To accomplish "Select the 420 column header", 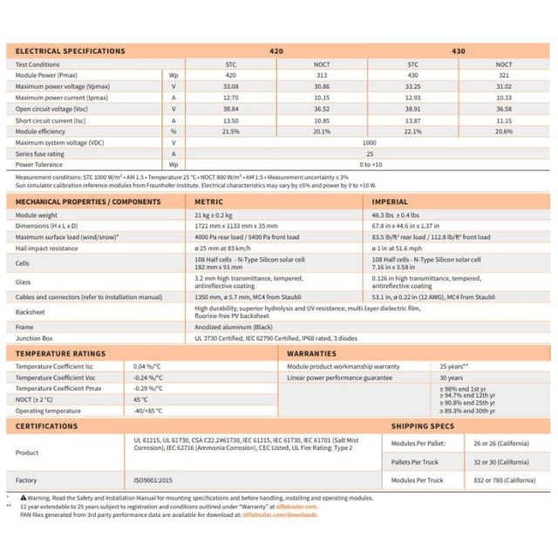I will click(x=278, y=51).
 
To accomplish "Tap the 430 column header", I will click(x=458, y=51).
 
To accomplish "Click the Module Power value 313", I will click(x=322, y=76).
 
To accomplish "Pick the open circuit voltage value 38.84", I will click(x=231, y=109).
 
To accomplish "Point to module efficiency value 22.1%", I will click(x=413, y=131).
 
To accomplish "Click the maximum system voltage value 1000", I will click(x=368, y=142).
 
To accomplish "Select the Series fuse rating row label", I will click(x=44, y=153).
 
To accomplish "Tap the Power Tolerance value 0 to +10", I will click(x=368, y=164).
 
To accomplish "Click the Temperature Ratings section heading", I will click(x=61, y=353).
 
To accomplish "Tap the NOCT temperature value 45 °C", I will click(x=140, y=398).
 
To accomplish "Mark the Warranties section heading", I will click(x=312, y=353).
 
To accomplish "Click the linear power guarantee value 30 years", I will click(x=451, y=378).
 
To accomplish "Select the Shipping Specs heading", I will click(x=423, y=426).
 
